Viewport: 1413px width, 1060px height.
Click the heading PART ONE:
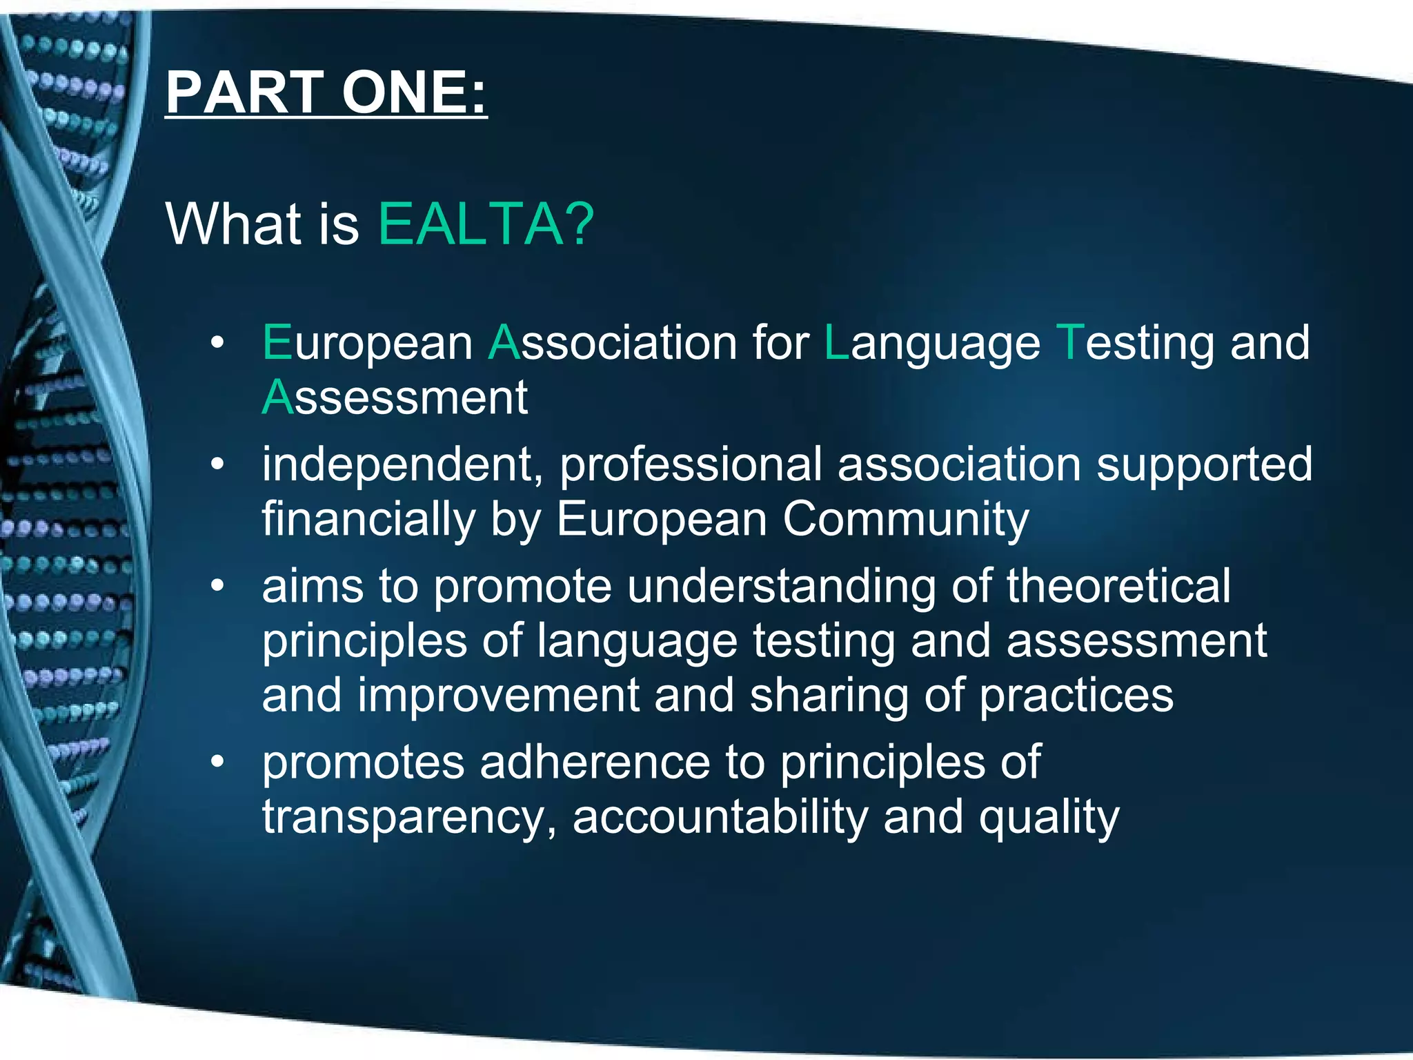[326, 92]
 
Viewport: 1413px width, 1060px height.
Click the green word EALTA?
[486, 224]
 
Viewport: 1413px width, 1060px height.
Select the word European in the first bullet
[367, 344]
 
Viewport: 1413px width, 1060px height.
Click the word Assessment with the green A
[395, 398]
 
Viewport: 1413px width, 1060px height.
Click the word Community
[905, 520]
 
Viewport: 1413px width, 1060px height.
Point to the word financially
[368, 520]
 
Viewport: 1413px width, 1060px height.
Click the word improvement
[498, 696]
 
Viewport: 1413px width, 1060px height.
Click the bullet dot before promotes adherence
[218, 761]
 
